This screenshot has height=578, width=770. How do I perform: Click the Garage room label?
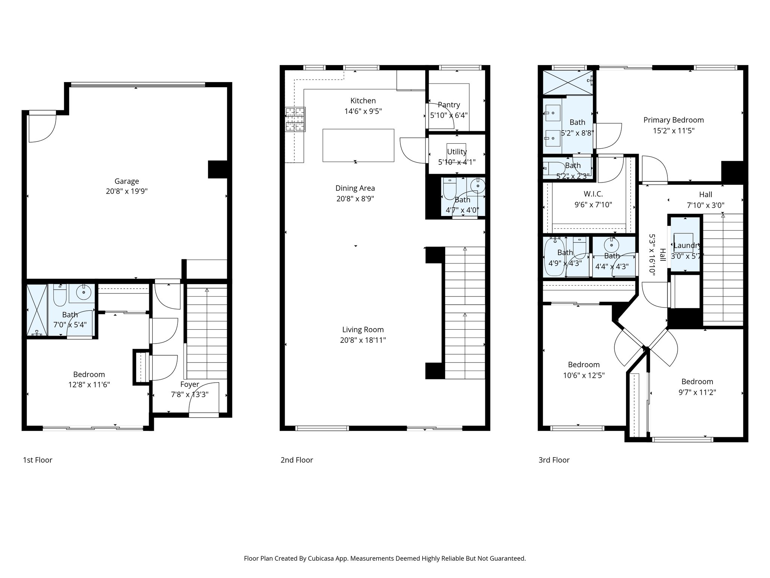[127, 181]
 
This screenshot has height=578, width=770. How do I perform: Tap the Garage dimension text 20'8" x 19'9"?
[127, 191]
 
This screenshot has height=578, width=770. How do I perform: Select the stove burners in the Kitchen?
[295, 120]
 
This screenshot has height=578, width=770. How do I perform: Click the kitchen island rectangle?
[358, 145]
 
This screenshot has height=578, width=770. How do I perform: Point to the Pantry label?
[449, 105]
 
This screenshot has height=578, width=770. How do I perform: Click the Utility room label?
[456, 152]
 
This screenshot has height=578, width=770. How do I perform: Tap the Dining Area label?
[355, 188]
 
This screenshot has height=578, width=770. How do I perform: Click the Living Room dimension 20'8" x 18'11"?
[363, 340]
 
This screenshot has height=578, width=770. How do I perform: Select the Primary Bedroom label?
[673, 120]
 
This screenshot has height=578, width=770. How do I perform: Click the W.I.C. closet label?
[593, 194]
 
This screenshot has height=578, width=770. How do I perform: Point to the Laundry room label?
[687, 246]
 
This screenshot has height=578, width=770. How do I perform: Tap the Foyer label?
[189, 384]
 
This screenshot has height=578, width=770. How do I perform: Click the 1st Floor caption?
[38, 460]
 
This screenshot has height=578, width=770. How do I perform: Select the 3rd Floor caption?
[554, 460]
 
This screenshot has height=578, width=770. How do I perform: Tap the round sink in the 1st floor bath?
[83, 291]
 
